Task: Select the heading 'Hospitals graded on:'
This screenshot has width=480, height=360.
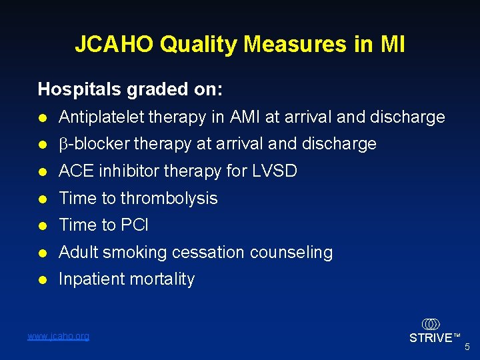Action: [130, 89]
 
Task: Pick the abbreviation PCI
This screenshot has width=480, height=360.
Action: [133, 225]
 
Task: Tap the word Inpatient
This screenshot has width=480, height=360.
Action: [91, 279]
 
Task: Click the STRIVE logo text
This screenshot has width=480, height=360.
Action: [430, 338]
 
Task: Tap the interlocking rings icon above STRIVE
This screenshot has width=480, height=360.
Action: [431, 324]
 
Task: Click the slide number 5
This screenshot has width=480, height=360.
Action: [467, 347]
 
